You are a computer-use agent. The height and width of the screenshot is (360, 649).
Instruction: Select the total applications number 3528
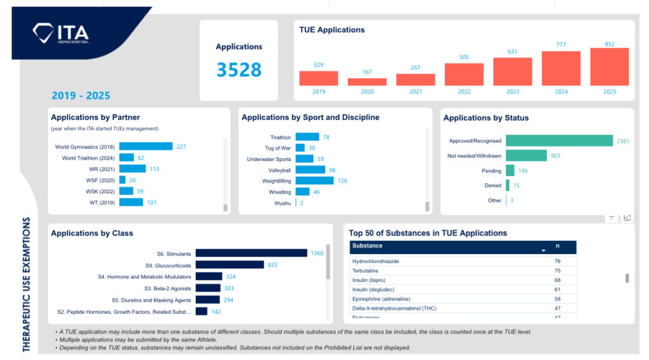(239, 70)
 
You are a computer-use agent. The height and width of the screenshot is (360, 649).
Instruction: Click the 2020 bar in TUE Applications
(367, 82)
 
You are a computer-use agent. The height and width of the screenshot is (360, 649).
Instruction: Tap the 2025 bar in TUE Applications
(609, 67)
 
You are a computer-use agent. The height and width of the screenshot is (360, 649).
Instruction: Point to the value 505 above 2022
(464, 57)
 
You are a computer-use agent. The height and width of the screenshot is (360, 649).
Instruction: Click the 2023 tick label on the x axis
(513, 92)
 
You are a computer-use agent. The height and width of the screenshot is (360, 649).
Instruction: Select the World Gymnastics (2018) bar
(146, 146)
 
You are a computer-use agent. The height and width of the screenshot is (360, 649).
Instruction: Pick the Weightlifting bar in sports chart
(314, 181)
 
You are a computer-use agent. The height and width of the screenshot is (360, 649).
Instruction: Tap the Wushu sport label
(283, 203)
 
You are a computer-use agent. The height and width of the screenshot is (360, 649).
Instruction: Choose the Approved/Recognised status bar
(559, 141)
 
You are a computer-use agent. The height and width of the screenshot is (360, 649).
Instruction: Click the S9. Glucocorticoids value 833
(273, 265)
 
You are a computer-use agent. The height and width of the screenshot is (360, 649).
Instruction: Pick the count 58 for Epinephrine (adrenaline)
(558, 299)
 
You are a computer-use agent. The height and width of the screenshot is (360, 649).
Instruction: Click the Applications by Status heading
(485, 118)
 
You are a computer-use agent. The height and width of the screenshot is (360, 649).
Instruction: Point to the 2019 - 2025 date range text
(80, 96)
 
